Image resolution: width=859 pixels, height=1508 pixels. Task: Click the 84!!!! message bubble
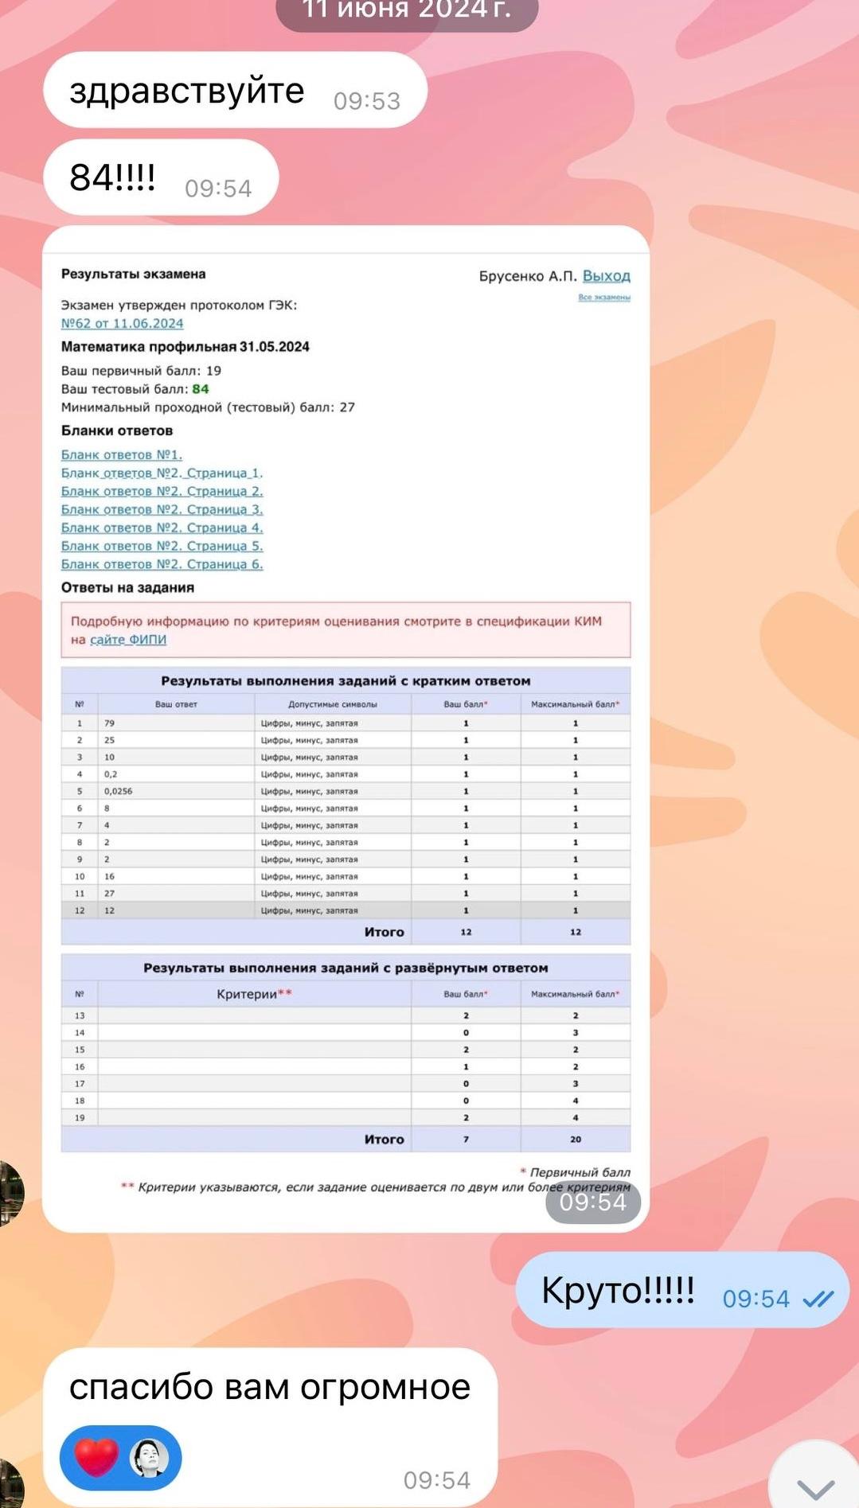(x=113, y=177)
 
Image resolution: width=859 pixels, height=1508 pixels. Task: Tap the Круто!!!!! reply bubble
(x=618, y=1290)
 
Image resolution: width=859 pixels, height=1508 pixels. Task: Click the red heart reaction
(x=96, y=1458)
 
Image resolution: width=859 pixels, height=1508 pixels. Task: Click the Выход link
(x=606, y=276)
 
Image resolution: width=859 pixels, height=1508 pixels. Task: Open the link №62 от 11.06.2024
(x=122, y=323)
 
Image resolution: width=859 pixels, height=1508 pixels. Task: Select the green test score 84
(x=201, y=389)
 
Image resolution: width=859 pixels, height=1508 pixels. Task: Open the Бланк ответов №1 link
(x=121, y=454)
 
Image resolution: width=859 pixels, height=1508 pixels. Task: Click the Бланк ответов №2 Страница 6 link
(x=162, y=564)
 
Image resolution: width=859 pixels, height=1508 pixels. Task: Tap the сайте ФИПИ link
(x=127, y=640)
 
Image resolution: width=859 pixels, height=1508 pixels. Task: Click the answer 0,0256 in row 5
(x=118, y=791)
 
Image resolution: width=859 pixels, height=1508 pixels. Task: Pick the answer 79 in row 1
(x=109, y=723)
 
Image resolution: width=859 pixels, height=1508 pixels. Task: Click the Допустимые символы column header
(x=332, y=704)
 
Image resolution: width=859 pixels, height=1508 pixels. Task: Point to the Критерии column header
(x=254, y=994)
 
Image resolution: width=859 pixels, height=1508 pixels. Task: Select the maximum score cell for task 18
(x=575, y=1101)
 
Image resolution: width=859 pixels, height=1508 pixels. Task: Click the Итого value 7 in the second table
(x=466, y=1140)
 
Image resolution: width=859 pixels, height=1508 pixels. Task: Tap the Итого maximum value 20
(x=575, y=1140)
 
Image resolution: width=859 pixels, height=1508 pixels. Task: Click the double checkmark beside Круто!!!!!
(x=818, y=1299)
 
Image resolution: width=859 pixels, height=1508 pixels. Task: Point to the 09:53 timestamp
(x=366, y=101)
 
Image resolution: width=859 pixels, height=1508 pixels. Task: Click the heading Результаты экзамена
(x=133, y=275)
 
